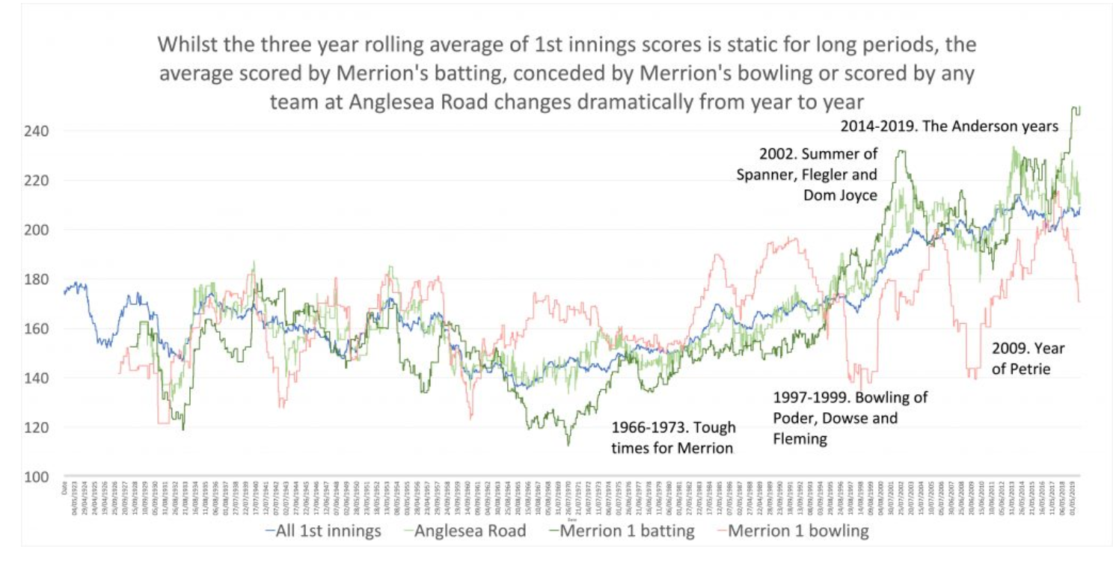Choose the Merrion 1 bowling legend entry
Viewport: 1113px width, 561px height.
point(798,531)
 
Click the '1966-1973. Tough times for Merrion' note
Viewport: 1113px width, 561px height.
point(673,438)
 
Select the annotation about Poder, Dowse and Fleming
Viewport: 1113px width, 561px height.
point(850,417)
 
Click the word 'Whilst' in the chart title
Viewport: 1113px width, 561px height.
point(188,44)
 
